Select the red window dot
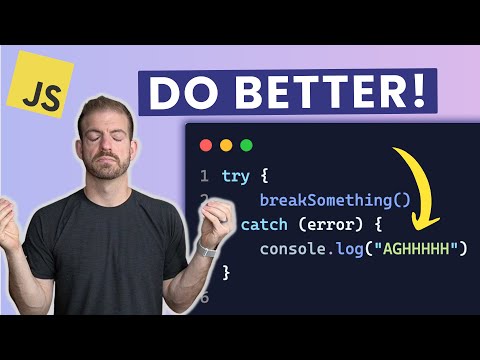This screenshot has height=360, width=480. (205, 145)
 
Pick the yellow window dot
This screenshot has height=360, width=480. (224, 145)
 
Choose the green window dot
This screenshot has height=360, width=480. (243, 145)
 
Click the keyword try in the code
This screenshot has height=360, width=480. (237, 176)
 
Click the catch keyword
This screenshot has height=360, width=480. (261, 224)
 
